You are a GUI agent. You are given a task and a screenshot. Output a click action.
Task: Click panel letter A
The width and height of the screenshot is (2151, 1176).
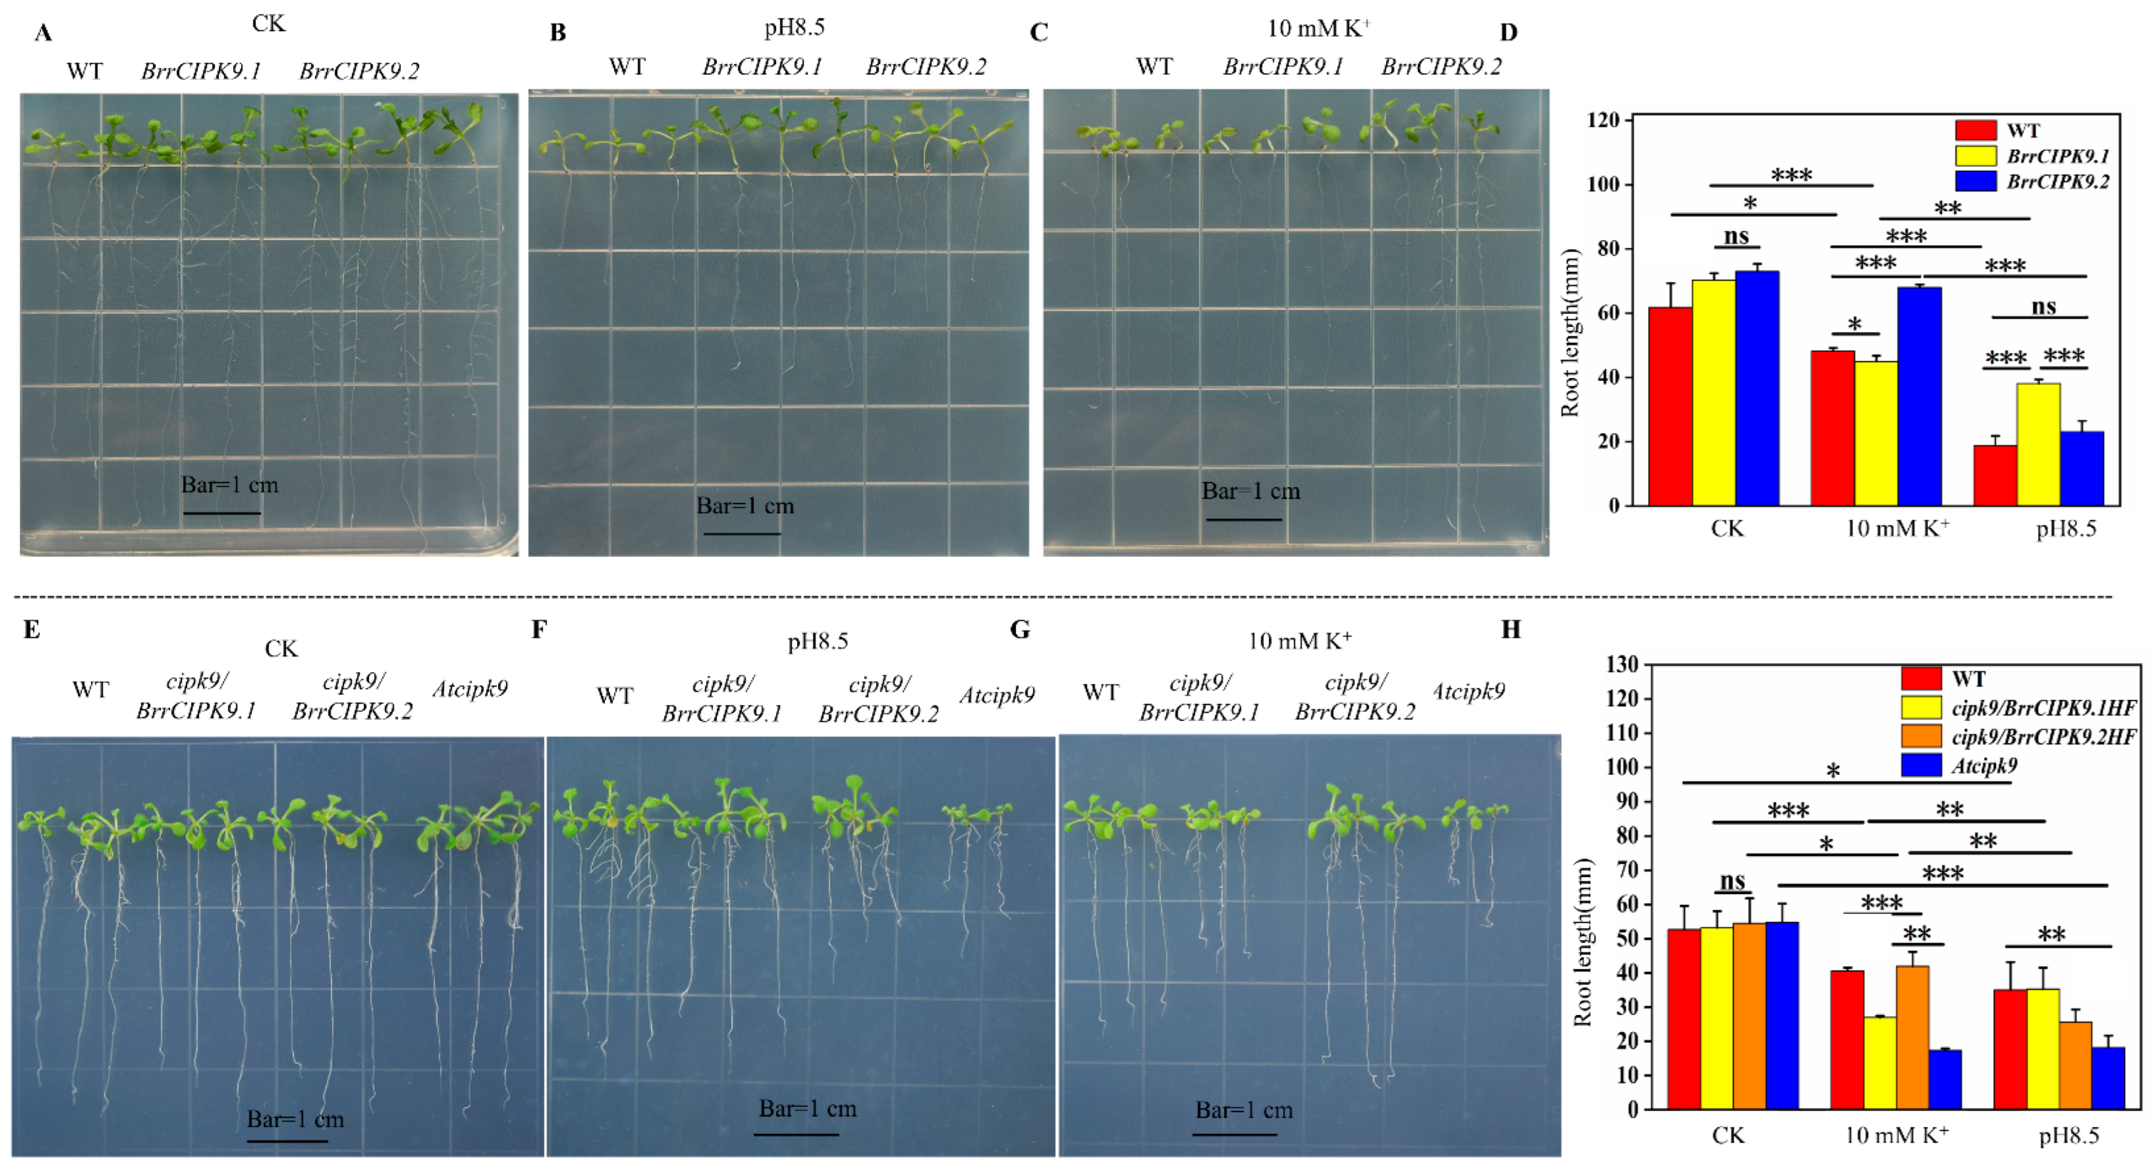click(x=43, y=33)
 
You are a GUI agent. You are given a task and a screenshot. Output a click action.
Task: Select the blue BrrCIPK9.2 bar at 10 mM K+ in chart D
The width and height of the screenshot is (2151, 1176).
click(x=1919, y=396)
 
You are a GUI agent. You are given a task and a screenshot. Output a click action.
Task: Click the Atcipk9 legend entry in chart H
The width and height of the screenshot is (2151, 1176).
click(x=1983, y=766)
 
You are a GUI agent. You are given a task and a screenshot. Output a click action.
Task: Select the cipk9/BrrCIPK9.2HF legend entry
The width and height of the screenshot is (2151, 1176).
click(x=2042, y=737)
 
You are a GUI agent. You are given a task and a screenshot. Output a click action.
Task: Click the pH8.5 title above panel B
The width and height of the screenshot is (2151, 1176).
click(x=794, y=27)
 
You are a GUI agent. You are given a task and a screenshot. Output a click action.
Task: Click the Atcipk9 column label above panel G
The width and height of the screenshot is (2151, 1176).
click(x=1468, y=691)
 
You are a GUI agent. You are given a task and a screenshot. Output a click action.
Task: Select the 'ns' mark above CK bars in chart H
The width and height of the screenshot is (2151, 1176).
click(x=1733, y=881)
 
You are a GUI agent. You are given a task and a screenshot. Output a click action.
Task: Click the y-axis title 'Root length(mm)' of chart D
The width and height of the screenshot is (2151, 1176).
click(x=1571, y=332)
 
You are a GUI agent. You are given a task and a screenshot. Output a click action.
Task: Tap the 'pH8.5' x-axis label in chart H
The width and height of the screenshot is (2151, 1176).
click(x=2068, y=1135)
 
